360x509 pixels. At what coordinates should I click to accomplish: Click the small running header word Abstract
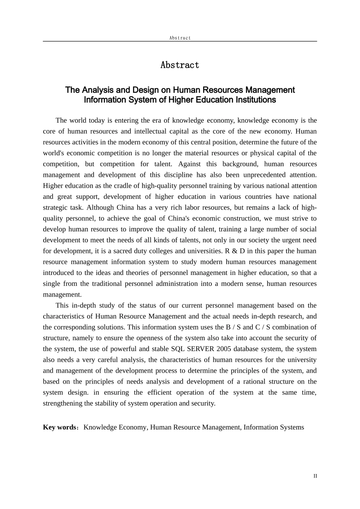tap(180, 38)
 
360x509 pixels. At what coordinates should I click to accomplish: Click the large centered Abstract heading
tap(180, 65)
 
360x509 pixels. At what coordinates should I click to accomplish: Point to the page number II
tap(315, 476)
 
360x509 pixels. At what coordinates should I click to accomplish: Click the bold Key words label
tap(60, 427)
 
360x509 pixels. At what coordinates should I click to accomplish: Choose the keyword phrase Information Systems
tap(274, 427)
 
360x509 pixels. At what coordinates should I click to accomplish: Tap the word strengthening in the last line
tap(63, 403)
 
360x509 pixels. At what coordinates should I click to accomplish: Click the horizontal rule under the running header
tap(180, 41)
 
